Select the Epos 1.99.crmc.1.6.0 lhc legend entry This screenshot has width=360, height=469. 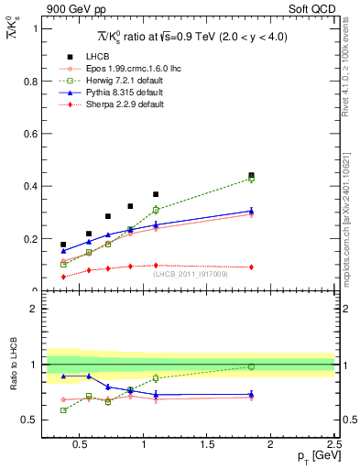click(x=123, y=69)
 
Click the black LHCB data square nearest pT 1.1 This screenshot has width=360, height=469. click(x=156, y=194)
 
